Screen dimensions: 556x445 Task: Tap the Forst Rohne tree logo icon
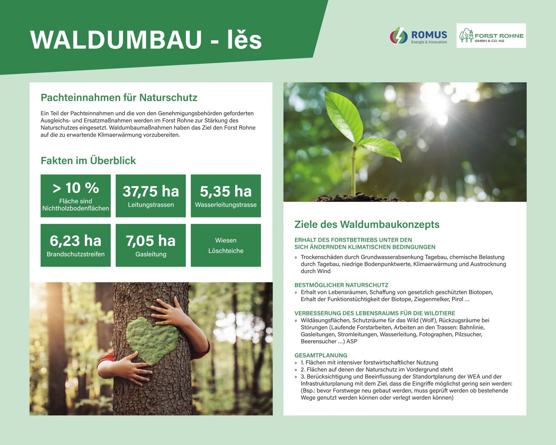467,35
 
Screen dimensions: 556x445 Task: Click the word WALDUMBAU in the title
116,40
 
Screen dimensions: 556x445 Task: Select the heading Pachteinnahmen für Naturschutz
119,98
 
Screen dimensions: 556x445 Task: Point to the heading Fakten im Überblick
88,160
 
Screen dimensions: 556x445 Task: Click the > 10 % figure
76,188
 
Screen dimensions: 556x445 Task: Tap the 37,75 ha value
150,191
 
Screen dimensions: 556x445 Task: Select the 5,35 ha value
226,191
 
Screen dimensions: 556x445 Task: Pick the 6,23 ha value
75,241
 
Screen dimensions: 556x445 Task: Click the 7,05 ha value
150,241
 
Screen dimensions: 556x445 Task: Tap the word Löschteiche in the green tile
226,251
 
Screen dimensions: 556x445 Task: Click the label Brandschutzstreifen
75,254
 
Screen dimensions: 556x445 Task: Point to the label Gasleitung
150,254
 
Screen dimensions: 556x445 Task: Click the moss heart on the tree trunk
152,340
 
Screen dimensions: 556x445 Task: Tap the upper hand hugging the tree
168,311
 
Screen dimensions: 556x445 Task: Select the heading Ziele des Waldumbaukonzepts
367,224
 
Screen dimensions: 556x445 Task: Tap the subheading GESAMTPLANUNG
321,355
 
